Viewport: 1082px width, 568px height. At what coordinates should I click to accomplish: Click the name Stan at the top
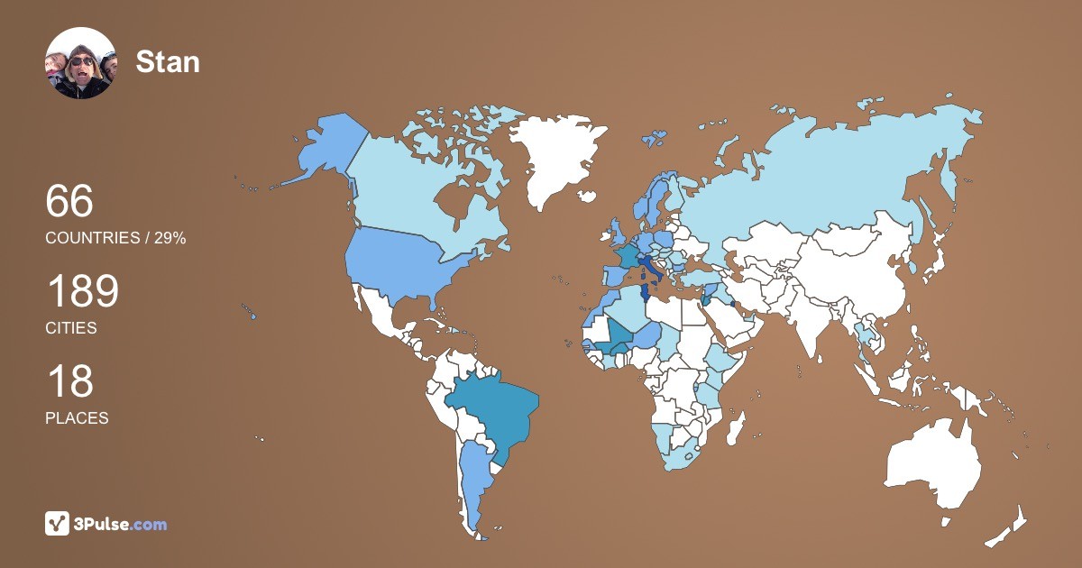[167, 62]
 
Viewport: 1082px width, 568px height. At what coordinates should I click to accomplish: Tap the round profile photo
[81, 63]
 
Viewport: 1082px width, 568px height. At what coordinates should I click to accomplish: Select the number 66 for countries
[69, 201]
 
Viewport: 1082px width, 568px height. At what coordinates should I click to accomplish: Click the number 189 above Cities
[82, 292]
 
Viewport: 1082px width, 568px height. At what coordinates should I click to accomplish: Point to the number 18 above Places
[69, 382]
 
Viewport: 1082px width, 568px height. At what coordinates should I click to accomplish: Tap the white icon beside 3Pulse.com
[58, 524]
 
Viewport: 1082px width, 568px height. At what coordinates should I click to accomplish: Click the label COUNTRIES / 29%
[115, 238]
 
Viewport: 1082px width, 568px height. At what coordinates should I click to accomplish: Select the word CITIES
[71, 328]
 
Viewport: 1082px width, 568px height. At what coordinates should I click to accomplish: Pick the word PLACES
[77, 418]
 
